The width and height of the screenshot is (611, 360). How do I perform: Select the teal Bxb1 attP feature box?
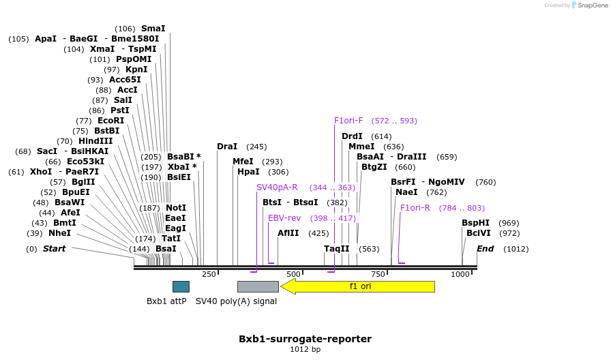(181, 286)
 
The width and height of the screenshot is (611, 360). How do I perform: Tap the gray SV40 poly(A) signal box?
(258, 286)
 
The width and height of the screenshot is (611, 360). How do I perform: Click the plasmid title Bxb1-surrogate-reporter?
(305, 339)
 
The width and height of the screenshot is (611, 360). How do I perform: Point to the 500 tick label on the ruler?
(293, 274)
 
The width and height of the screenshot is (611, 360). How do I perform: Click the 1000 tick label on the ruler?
(460, 274)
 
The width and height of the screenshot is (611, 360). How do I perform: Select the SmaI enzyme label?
(153, 29)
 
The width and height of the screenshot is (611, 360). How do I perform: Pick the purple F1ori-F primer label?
(348, 121)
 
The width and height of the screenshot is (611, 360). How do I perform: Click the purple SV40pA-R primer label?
(277, 187)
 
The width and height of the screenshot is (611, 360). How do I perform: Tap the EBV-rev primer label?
(284, 218)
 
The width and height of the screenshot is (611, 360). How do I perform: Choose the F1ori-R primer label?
(415, 208)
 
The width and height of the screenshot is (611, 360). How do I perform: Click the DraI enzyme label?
(227, 147)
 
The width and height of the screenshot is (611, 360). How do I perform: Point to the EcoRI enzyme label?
(110, 121)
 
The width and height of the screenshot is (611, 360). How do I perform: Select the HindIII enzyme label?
(95, 141)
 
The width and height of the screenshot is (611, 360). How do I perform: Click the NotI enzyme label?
(176, 208)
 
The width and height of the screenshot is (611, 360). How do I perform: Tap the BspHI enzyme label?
(475, 223)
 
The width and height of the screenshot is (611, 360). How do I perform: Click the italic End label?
(485, 249)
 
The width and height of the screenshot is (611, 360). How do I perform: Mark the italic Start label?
(54, 249)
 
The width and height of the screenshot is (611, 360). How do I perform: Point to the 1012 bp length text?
(305, 350)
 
